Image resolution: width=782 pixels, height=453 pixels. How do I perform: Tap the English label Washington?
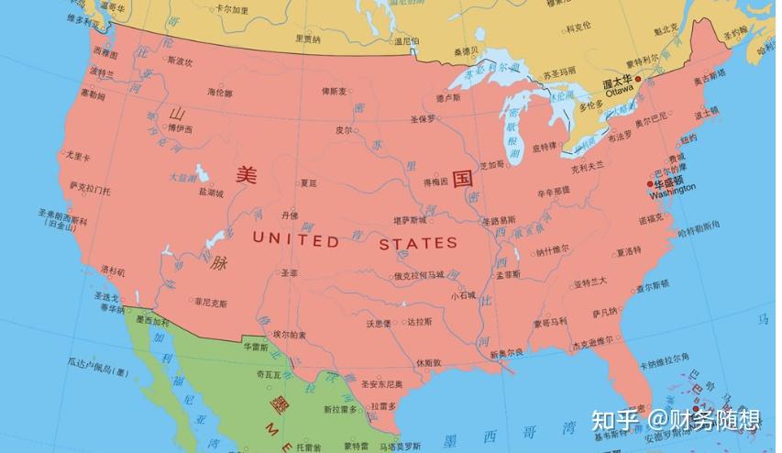(x=671, y=194)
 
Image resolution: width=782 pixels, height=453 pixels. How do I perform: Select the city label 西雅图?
(x=105, y=52)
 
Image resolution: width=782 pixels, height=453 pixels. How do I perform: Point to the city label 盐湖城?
(x=211, y=193)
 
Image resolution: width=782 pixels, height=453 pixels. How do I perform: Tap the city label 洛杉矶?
(x=112, y=271)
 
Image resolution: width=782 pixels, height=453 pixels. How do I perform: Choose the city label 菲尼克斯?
(x=210, y=301)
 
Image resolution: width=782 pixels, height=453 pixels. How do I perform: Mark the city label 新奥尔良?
(x=506, y=352)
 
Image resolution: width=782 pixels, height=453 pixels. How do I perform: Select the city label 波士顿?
(x=706, y=115)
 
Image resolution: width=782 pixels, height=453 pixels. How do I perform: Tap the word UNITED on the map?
(x=294, y=241)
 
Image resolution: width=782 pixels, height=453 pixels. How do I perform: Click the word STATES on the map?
(x=418, y=243)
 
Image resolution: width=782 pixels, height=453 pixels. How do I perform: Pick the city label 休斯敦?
(x=428, y=363)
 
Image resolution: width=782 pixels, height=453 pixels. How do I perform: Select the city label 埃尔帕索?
(x=290, y=334)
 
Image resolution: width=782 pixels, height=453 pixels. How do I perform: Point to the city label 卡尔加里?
(x=231, y=10)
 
